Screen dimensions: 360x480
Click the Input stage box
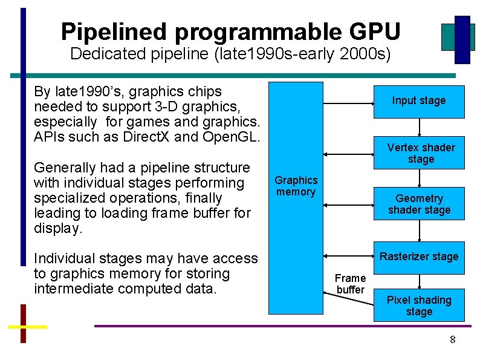coord(419,101)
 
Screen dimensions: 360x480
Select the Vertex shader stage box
coord(421,153)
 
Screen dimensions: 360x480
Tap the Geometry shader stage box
coord(420,204)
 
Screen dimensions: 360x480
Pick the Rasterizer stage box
coord(419,257)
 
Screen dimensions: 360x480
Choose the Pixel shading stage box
coord(419,306)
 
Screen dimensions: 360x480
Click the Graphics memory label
coord(296,186)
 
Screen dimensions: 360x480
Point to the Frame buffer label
coord(351,284)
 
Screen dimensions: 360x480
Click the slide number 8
coord(452,339)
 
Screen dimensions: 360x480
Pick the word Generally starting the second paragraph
coord(63,168)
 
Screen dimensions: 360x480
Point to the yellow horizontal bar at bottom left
coord(27,327)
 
